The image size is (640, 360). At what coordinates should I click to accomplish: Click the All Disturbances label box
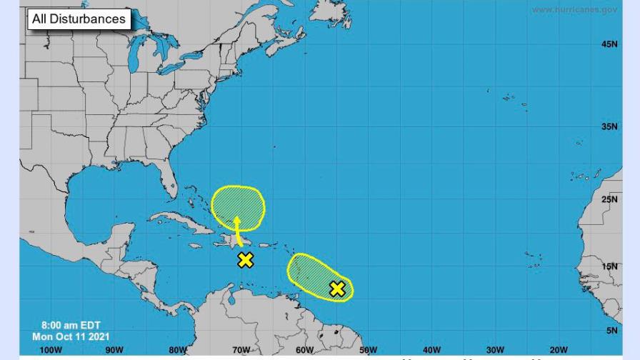tap(79, 19)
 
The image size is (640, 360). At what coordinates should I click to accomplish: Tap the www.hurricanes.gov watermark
tap(575, 9)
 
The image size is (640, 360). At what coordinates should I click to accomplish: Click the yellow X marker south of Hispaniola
tap(245, 260)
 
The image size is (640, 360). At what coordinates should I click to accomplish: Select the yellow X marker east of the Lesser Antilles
tap(337, 289)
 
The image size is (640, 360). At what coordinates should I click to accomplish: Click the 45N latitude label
tap(609, 44)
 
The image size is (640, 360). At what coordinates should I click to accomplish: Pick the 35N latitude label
tap(609, 126)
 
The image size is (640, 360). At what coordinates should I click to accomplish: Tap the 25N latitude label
tap(609, 199)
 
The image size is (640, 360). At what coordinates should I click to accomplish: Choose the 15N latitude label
tap(609, 266)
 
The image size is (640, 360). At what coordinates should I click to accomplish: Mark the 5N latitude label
tap(611, 331)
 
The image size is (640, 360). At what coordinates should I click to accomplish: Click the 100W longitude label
tap(51, 350)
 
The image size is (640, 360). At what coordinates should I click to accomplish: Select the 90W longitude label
tap(114, 350)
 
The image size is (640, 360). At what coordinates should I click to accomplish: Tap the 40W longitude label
tap(431, 350)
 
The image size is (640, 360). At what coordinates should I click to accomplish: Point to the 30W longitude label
tap(495, 350)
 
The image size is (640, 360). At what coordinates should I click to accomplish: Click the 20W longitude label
tap(558, 350)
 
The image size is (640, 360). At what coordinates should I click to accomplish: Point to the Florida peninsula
tap(169, 182)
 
